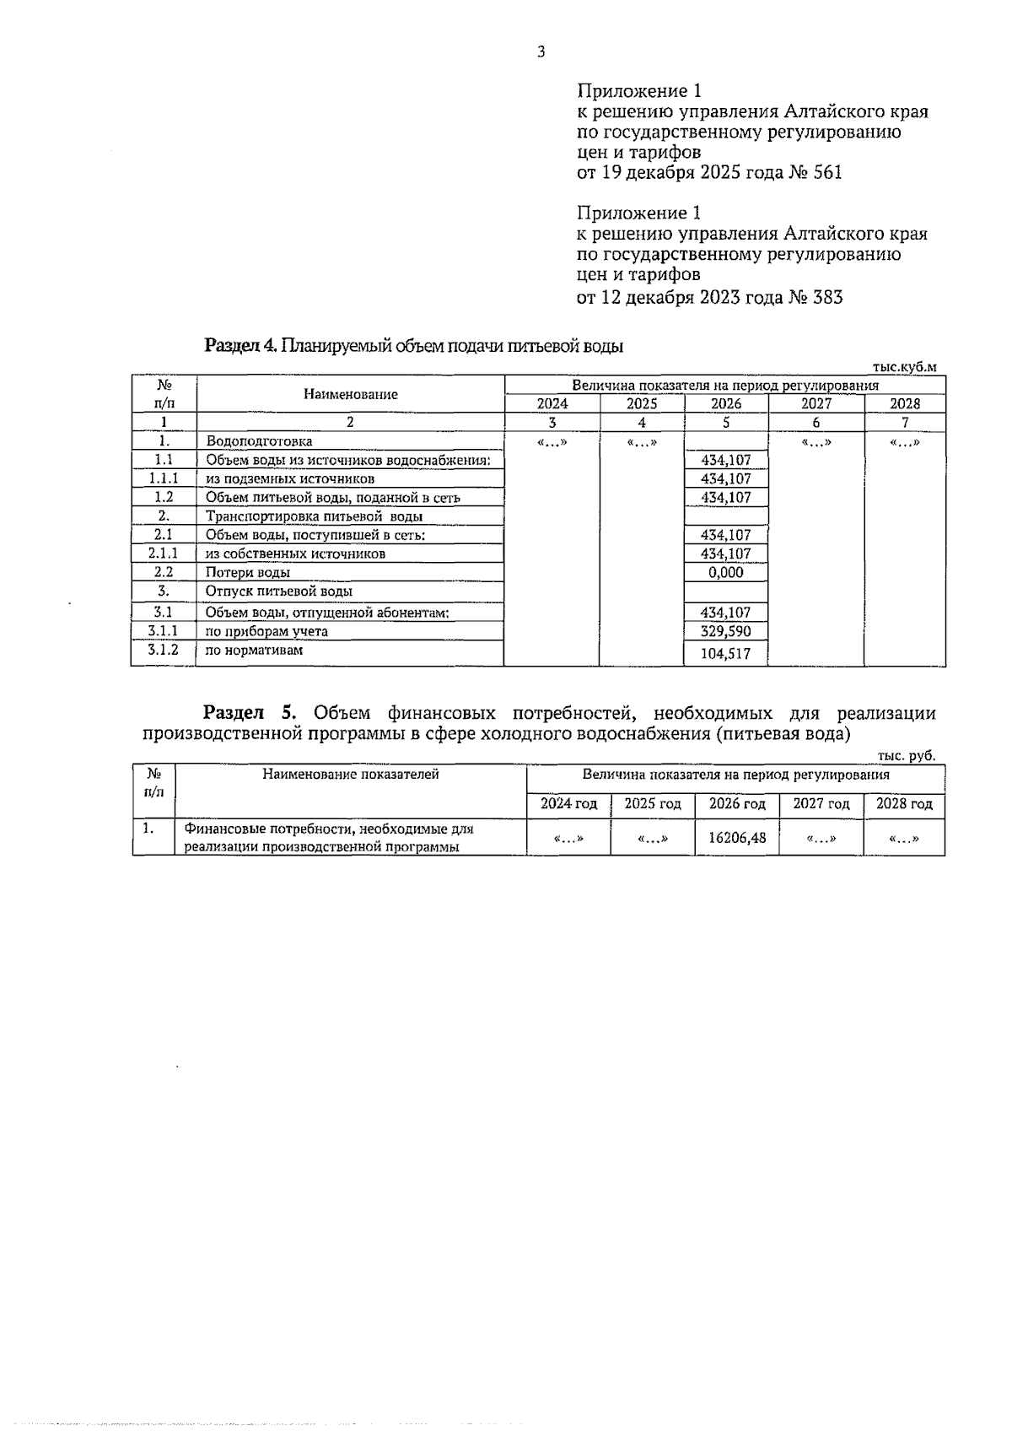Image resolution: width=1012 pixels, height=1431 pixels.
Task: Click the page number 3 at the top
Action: click(x=541, y=52)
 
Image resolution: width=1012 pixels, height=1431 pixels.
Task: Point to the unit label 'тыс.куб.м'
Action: click(x=904, y=367)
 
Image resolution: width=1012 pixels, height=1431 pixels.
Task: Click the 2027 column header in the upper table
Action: click(x=816, y=403)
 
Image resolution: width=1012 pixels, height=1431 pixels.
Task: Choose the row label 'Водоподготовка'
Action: click(x=259, y=441)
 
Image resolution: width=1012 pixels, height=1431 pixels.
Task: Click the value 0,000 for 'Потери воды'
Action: click(x=726, y=572)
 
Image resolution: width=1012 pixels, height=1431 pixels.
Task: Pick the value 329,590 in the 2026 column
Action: click(x=726, y=631)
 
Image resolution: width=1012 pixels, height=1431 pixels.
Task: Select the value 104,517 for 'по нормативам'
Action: click(x=726, y=653)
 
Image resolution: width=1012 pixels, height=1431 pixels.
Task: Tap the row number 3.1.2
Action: click(x=164, y=650)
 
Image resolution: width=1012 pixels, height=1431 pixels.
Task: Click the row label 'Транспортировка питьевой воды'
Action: click(x=314, y=516)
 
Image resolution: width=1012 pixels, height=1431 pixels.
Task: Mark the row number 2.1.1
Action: click(x=164, y=553)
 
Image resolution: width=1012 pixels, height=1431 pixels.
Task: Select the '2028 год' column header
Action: click(x=904, y=804)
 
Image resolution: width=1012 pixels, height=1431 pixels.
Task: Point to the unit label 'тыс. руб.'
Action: click(x=907, y=756)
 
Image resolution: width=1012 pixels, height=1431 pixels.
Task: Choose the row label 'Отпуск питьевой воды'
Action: click(x=279, y=591)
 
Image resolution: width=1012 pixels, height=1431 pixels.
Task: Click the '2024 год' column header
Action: click(x=568, y=804)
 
